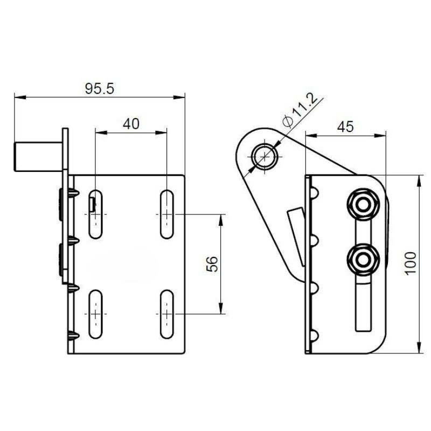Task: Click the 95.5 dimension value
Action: (99, 89)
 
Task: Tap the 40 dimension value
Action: (131, 123)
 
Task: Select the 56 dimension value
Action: (212, 264)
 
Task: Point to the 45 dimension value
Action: (345, 127)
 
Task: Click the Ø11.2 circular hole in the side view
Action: (265, 156)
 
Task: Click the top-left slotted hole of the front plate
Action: (95, 214)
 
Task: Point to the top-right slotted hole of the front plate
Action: (166, 214)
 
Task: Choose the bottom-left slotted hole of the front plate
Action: (95, 314)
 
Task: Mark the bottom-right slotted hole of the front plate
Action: (166, 314)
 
